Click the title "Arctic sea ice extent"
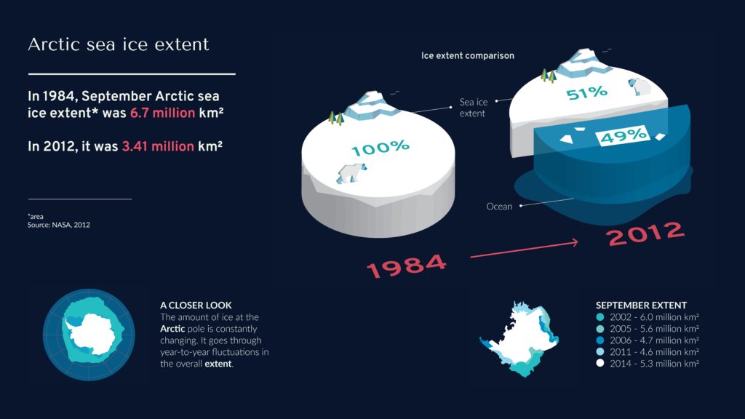click(119, 44)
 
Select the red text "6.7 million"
click(162, 113)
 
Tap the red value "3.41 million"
click(158, 146)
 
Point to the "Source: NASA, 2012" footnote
click(58, 225)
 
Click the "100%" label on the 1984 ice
click(380, 148)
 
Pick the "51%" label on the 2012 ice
click(587, 92)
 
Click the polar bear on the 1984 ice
click(351, 173)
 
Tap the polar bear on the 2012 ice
click(640, 87)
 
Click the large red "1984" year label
click(406, 266)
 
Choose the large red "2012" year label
click(646, 234)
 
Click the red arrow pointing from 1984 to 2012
click(524, 250)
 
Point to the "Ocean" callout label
click(499, 207)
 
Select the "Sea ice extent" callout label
click(474, 108)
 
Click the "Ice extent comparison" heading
click(468, 55)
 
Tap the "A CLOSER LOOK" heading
click(196, 305)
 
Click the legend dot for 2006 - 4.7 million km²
click(600, 340)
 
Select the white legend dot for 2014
click(600, 364)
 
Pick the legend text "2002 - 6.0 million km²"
click(654, 317)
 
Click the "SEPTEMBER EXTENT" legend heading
click(642, 305)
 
